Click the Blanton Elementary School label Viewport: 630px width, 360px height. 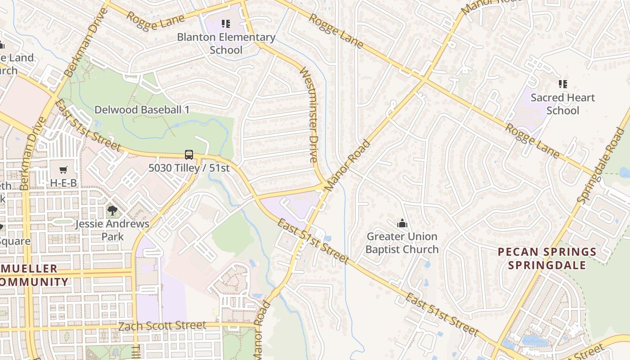pyautogui.click(x=226, y=43)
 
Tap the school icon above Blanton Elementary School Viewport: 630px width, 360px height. pyautogui.click(x=226, y=23)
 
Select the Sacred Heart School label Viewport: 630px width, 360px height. pyautogui.click(x=562, y=104)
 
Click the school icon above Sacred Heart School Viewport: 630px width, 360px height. pyautogui.click(x=562, y=84)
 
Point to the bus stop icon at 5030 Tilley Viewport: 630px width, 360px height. pyautogui.click(x=189, y=154)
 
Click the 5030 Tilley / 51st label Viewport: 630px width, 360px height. pyautogui.click(x=189, y=168)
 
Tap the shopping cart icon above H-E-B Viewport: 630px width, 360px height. pyautogui.click(x=63, y=170)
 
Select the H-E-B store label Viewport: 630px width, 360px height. pyautogui.click(x=63, y=183)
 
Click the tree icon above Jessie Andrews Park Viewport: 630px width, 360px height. pyautogui.click(x=112, y=210)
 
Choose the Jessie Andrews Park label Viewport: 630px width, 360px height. pyautogui.click(x=112, y=230)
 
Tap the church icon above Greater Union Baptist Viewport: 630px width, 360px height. pyautogui.click(x=402, y=223)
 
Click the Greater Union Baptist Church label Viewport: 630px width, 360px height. pyautogui.click(x=402, y=243)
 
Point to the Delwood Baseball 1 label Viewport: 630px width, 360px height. pyautogui.click(x=142, y=110)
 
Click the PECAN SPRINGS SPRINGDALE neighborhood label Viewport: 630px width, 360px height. pyautogui.click(x=547, y=258)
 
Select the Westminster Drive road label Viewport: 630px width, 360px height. pyautogui.click(x=309, y=115)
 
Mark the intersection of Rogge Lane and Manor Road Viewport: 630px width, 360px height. pyautogui.click(x=423, y=80)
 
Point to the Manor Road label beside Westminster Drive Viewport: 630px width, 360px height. pyautogui.click(x=347, y=166)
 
